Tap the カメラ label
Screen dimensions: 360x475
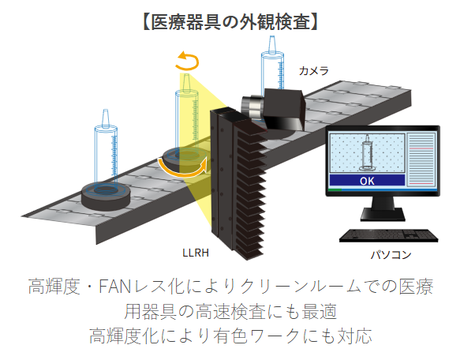tap(314, 71)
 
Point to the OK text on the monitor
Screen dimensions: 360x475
tap(367, 181)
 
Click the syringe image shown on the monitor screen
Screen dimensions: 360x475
tap(367, 156)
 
